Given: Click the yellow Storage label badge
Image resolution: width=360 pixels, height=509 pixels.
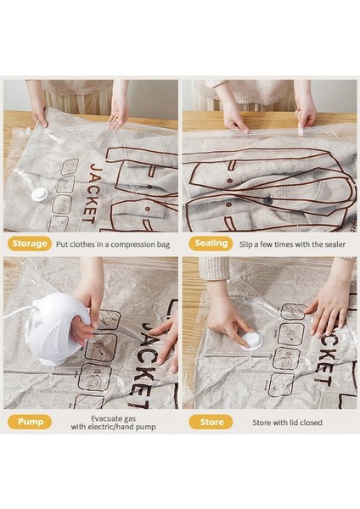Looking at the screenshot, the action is (30, 243).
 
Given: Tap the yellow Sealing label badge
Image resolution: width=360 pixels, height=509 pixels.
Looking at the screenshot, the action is (211, 243).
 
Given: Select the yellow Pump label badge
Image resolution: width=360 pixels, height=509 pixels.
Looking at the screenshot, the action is (30, 422).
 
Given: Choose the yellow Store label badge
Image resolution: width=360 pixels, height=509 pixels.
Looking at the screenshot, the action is (211, 422).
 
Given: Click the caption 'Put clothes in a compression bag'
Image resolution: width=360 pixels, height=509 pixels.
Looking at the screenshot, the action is (113, 244).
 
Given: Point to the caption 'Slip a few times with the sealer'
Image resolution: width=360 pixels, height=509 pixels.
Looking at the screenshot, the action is (292, 244).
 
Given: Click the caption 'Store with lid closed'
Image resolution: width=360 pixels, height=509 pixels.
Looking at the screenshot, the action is (287, 422).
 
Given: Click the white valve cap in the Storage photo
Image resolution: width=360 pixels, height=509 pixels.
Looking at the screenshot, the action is (39, 194).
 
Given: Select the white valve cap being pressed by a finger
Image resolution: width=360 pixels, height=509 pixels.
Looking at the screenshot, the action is (251, 341).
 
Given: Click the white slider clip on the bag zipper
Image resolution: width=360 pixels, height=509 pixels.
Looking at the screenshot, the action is (300, 131).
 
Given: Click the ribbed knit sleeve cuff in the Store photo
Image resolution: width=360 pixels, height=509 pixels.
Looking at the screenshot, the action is (214, 269).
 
